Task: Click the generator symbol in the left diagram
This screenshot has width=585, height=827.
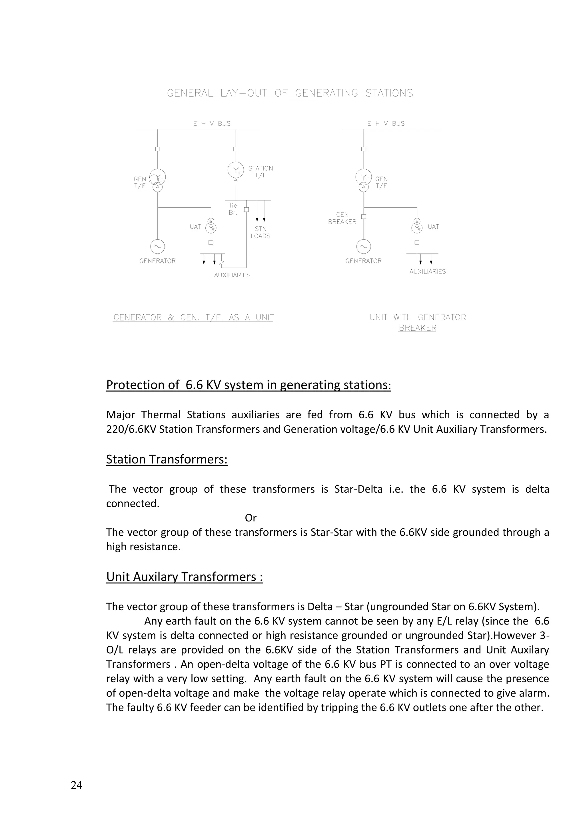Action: [157, 247]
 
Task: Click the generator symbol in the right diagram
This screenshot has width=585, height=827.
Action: [363, 247]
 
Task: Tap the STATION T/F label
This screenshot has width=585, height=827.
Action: [261, 172]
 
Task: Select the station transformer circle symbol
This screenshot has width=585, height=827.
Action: [236, 170]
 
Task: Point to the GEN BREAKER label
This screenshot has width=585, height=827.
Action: [342, 218]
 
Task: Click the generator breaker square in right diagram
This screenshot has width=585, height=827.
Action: [363, 216]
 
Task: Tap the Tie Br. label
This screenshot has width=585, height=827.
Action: [233, 209]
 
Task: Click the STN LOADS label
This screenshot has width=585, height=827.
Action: [261, 232]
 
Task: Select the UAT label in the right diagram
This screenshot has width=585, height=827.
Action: [433, 226]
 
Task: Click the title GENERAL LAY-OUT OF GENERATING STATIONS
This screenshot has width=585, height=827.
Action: [290, 93]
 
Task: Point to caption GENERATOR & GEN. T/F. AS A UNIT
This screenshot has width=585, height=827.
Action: [193, 317]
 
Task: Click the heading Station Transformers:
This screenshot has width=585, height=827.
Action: [167, 459]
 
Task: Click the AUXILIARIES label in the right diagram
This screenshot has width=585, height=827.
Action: [427, 272]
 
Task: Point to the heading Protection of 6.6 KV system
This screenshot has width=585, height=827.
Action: [249, 385]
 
